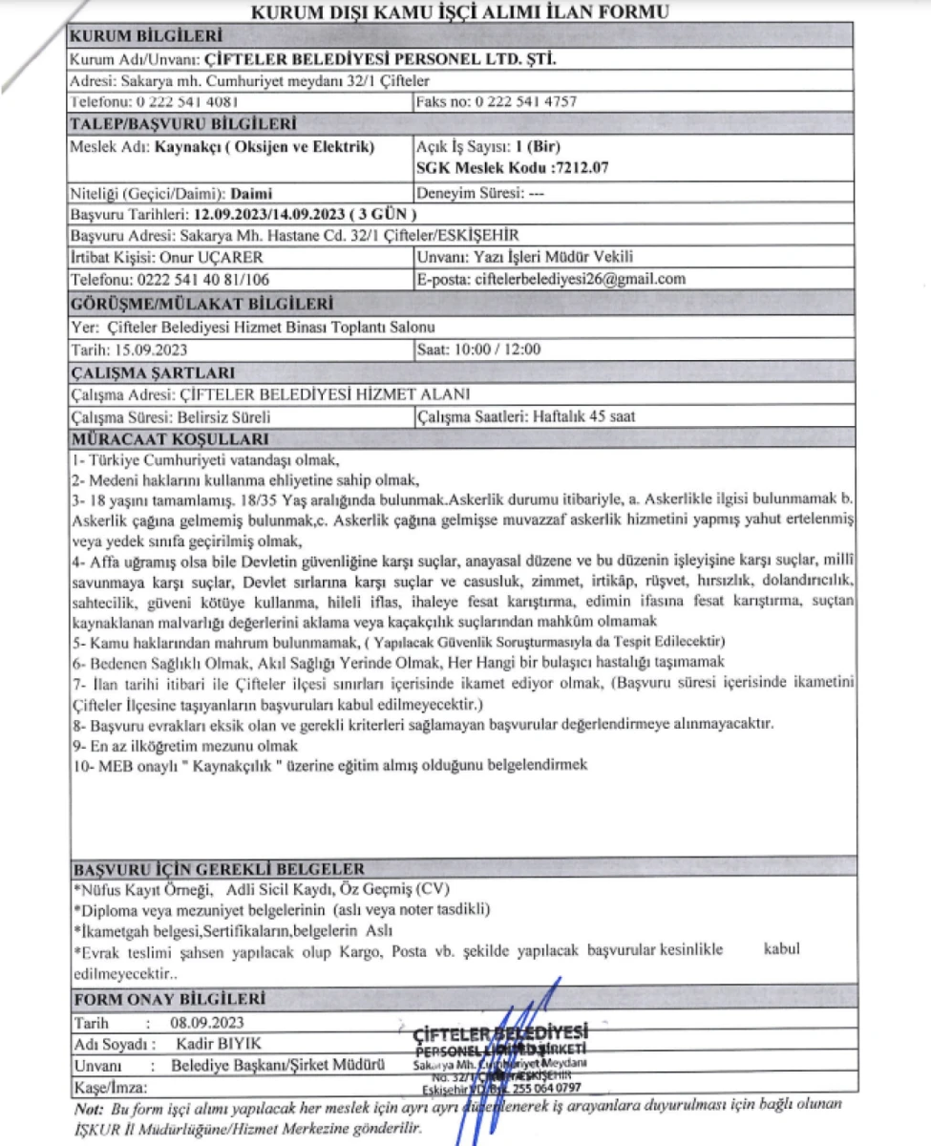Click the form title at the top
tap(458, 11)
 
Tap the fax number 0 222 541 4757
tap(524, 101)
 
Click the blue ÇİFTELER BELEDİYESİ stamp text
tap(501, 1032)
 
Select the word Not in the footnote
tap(88, 1108)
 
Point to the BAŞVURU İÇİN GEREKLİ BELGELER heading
tap(219, 869)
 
